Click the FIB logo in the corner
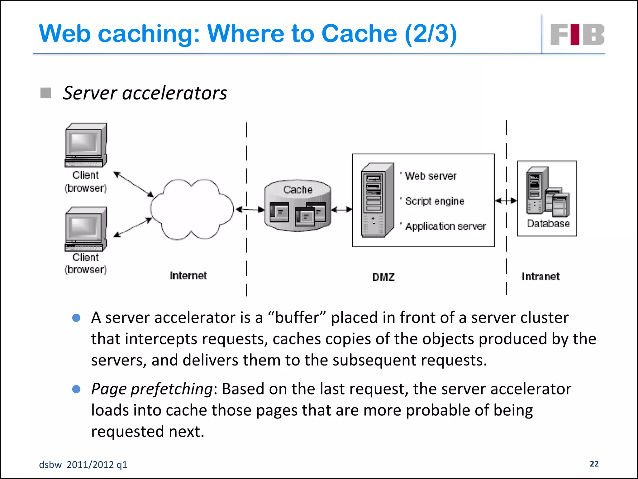point(577,34)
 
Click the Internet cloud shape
point(192,209)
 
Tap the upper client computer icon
point(86,145)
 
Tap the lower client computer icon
point(86,229)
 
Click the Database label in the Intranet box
point(548,224)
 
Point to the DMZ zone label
point(383,277)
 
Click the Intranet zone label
point(540,276)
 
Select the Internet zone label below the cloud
point(188,275)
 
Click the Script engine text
point(435,201)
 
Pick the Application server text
point(445,226)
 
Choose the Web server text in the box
point(431,176)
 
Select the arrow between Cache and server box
point(342,210)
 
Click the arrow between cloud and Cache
point(250,210)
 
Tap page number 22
point(594,464)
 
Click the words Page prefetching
point(152,389)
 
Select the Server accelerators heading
point(145,93)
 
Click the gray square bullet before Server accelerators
point(46,93)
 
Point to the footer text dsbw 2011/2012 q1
point(83,465)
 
